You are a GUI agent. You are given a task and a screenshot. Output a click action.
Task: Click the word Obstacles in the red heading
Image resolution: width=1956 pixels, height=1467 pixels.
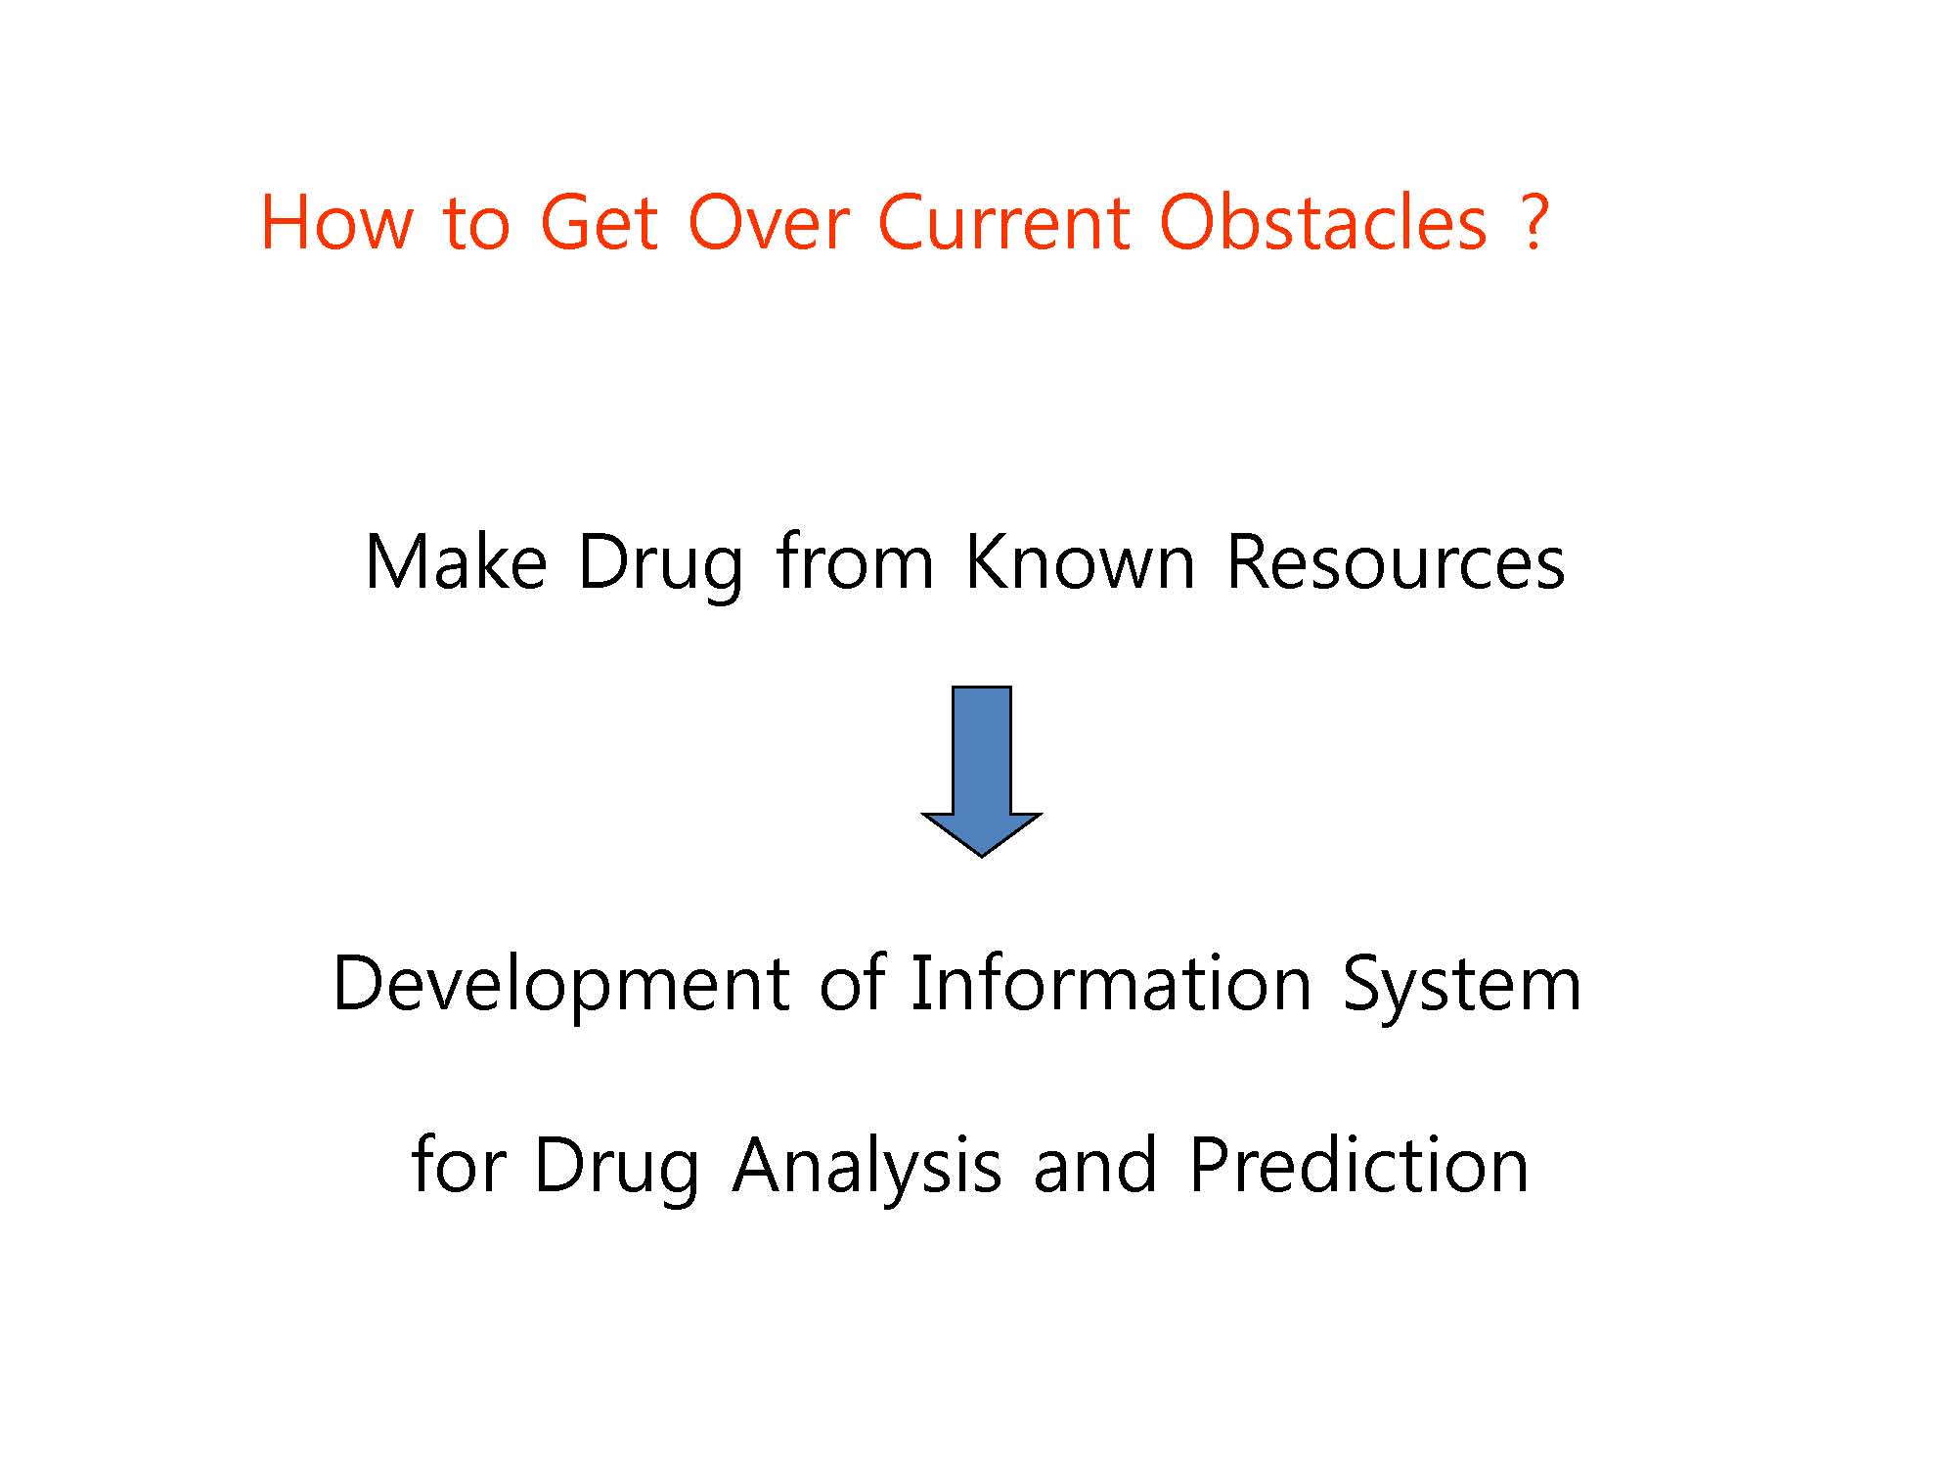[1323, 222]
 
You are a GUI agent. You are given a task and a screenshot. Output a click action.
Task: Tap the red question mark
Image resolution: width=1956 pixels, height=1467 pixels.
[1535, 222]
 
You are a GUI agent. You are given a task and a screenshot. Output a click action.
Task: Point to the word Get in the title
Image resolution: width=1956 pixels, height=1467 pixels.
[599, 222]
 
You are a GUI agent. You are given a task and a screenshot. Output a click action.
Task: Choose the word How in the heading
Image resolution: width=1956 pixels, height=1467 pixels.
[337, 222]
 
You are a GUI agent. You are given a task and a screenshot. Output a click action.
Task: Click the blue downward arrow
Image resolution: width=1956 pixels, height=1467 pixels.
[981, 772]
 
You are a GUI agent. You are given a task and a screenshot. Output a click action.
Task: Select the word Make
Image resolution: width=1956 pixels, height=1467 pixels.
[456, 562]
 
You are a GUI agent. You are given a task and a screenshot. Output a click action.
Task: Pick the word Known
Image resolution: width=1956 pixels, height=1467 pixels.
[1080, 562]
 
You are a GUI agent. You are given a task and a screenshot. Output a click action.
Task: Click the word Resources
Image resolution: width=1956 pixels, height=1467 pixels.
[1396, 562]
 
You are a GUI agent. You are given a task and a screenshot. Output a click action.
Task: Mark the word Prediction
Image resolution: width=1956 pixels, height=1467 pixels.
[1358, 1165]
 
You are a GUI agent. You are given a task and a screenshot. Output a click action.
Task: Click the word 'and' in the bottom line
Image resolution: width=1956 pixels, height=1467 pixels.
[1095, 1165]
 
